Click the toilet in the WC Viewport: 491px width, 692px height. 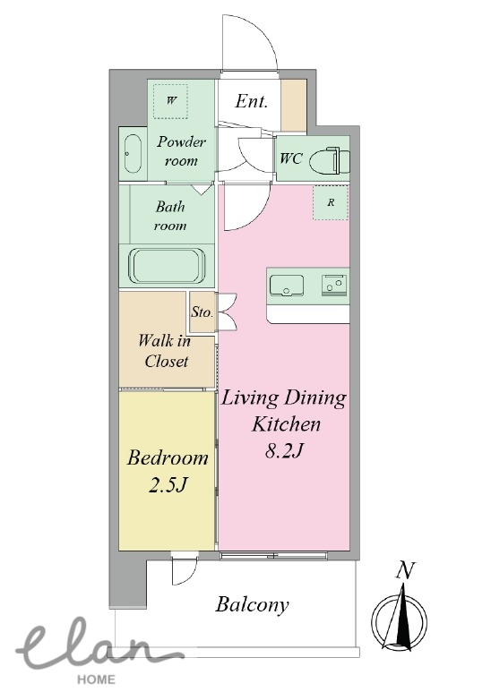click(x=330, y=159)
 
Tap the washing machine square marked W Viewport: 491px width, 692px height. click(x=170, y=101)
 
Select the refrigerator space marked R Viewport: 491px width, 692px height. click(x=331, y=202)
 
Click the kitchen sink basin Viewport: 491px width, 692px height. click(x=287, y=285)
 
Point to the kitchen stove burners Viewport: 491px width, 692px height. click(x=334, y=284)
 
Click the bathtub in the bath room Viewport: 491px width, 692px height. click(x=167, y=267)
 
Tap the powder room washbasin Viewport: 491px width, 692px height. click(x=133, y=154)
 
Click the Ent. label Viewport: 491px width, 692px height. click(x=251, y=101)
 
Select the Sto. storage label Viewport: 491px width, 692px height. click(x=202, y=312)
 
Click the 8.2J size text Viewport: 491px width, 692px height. click(x=285, y=450)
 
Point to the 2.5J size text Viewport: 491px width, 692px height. click(x=168, y=484)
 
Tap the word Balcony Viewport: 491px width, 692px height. click(x=252, y=604)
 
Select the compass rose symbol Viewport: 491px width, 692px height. click(x=400, y=617)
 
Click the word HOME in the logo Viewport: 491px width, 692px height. click(x=96, y=679)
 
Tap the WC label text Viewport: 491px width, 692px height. click(x=291, y=158)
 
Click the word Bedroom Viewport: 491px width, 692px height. click(x=168, y=457)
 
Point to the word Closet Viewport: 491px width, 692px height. click(x=167, y=361)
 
